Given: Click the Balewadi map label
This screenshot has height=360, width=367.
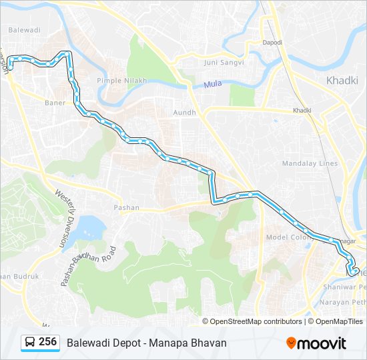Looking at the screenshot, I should [x=24, y=30].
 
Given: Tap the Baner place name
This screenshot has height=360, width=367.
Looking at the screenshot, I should [x=55, y=103].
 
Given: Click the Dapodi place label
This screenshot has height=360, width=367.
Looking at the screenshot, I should [x=272, y=42].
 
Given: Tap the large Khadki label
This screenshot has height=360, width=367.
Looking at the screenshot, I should [x=343, y=80].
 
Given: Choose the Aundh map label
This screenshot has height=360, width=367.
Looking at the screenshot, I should [x=184, y=113].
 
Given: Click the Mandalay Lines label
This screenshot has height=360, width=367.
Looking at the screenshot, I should [x=310, y=163].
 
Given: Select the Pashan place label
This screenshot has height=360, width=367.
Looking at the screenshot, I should [x=126, y=207].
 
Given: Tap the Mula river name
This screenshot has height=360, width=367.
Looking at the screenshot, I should [x=212, y=85].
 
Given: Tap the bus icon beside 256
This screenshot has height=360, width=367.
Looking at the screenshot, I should [x=31, y=342].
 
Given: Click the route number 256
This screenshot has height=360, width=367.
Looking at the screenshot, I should [x=47, y=342].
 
